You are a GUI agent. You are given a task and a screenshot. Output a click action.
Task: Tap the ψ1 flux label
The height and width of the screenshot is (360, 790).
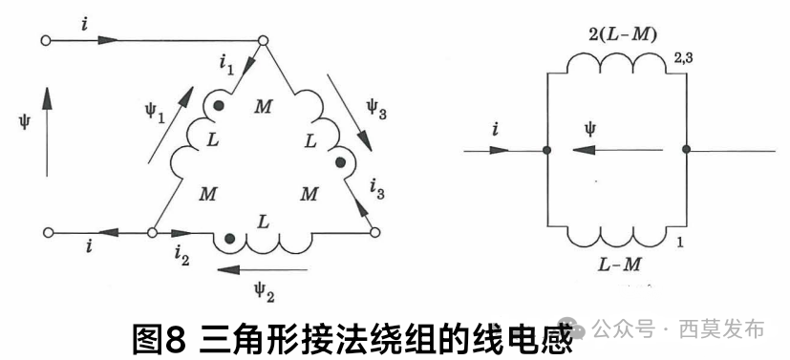(x=156, y=114)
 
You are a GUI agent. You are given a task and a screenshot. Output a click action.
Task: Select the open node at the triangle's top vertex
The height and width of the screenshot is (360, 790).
(x=264, y=40)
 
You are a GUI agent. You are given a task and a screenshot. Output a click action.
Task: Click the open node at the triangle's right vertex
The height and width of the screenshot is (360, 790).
(x=374, y=231)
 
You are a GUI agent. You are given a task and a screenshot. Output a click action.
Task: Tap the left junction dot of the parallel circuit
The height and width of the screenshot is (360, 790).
(x=545, y=151)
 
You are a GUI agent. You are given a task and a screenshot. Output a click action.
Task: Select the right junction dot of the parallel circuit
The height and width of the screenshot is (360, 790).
(x=686, y=151)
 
